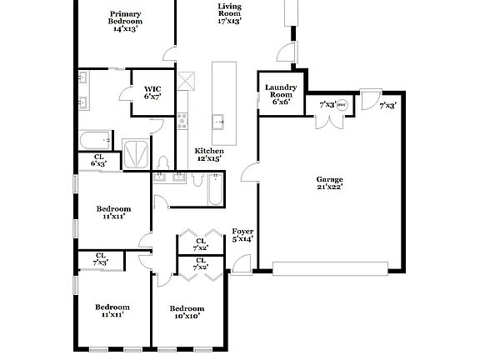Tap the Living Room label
point(229,13)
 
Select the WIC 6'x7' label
point(152,92)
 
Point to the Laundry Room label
point(281,92)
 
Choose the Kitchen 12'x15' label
point(208,155)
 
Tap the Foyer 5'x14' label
point(242,236)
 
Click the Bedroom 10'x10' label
point(187,312)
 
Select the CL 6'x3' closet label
point(98,161)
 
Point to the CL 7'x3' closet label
point(100,260)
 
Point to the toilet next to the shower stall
point(163,160)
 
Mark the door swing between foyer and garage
point(249,174)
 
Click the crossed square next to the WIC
point(189,81)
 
